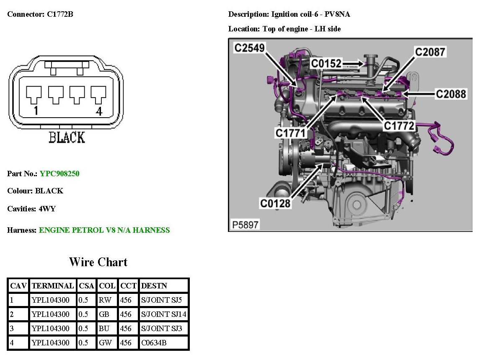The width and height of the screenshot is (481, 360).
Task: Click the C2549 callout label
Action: pos(249,48)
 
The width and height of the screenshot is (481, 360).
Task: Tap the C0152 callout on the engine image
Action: pos(326,64)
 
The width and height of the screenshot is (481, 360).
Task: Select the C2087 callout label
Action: pos(430,52)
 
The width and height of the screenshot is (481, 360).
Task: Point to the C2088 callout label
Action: pos(451,94)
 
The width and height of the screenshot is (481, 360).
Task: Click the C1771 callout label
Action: pos(291,133)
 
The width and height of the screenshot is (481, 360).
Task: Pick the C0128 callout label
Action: pos(275,203)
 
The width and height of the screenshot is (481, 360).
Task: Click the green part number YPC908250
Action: pos(59,173)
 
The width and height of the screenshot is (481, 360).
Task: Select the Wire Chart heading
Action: pos(98,262)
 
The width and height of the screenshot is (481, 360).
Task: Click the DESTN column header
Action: pos(154,286)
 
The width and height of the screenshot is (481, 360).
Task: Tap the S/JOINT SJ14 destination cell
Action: pos(164,314)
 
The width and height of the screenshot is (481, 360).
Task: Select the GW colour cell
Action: pos(105,343)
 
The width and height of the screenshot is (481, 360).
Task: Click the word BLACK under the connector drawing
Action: pos(67,137)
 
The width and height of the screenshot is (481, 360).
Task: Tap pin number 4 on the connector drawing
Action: pos(99,112)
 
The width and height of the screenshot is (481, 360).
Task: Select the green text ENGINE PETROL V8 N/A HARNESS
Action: pos(104,230)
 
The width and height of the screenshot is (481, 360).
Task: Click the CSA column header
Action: pos(85,286)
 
